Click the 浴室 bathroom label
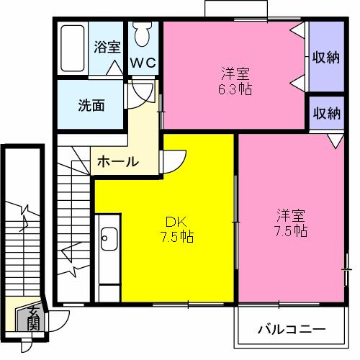(107, 48)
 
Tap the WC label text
(143, 63)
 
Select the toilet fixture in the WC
(141, 34)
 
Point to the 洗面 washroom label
(91, 104)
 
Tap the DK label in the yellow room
(176, 221)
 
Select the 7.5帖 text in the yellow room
(176, 236)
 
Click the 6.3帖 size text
(235, 90)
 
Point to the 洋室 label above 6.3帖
(235, 74)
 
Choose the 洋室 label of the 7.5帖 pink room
(292, 215)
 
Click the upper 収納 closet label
(325, 57)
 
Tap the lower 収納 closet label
(325, 113)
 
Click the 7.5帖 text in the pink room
(292, 231)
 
